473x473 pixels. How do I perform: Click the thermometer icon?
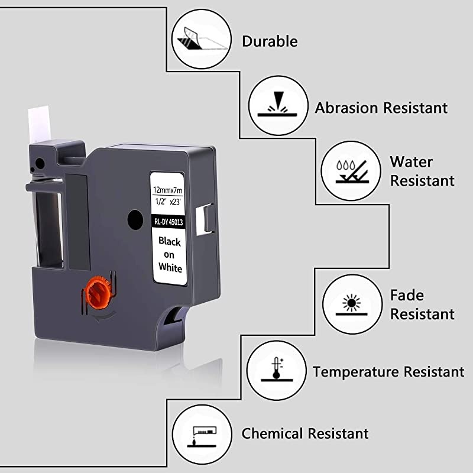coord(274,371)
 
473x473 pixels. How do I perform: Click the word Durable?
coord(270,41)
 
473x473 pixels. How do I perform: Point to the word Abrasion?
coord(346,108)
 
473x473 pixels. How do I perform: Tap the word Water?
coord(411,162)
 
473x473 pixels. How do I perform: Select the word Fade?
coord(407,295)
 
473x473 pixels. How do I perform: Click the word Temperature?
coord(356,372)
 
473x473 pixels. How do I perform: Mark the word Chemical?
coord(273,433)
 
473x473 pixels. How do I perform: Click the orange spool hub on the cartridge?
coord(99,291)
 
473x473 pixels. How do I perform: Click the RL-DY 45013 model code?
coord(169,222)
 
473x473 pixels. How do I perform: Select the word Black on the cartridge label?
coord(169,241)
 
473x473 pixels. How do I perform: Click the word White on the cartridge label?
coord(169,267)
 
